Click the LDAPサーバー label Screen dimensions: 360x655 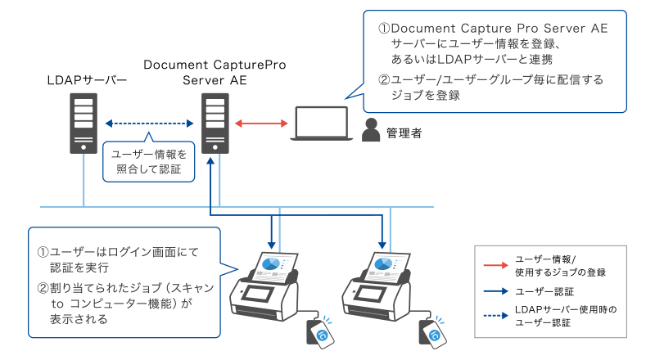87,80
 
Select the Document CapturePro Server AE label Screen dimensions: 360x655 215,72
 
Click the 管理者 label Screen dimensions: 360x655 404,132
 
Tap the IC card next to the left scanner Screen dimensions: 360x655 319,331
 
